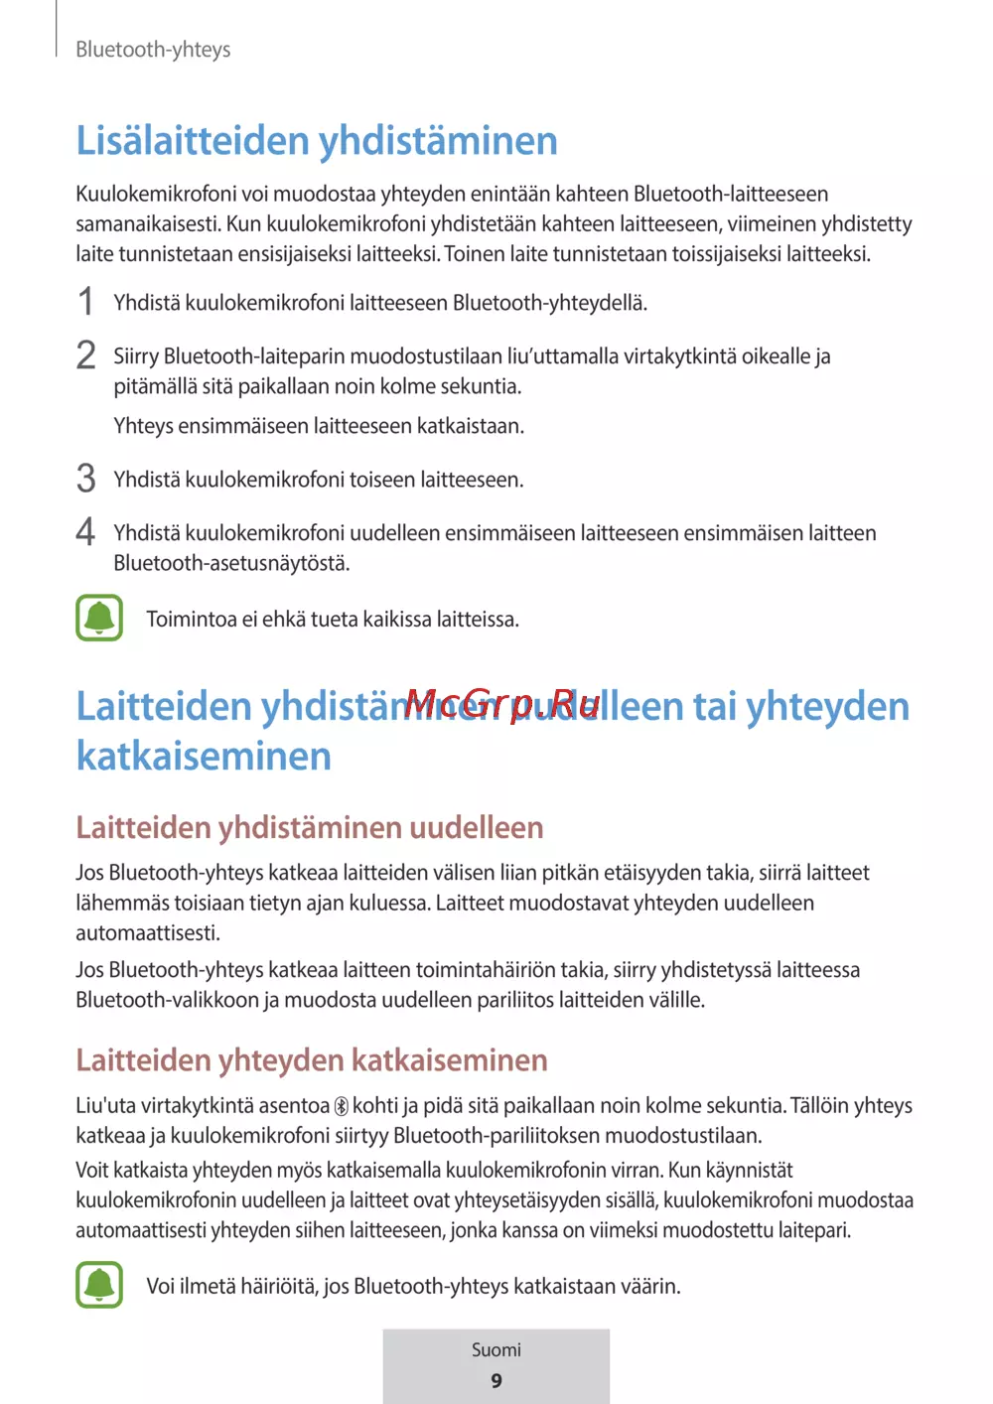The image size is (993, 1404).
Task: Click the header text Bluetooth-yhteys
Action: tap(153, 50)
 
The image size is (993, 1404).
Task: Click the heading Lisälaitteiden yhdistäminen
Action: tap(317, 141)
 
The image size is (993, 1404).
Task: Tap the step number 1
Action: tap(86, 302)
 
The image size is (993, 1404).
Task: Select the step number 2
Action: tap(86, 355)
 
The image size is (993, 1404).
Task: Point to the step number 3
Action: tap(86, 479)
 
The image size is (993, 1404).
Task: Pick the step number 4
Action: tap(86, 532)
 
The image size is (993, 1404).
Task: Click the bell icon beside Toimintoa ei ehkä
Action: tap(99, 618)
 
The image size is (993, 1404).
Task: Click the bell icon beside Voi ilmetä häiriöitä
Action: tap(99, 1285)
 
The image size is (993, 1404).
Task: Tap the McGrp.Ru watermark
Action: tap(501, 704)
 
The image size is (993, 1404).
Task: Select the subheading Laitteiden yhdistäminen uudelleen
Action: tap(310, 827)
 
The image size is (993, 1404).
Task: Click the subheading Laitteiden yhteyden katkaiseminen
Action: tap(312, 1059)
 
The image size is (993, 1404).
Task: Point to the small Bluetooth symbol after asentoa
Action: tap(341, 1106)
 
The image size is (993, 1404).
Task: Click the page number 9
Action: tap(496, 1381)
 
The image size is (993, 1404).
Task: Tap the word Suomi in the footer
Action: tap(496, 1350)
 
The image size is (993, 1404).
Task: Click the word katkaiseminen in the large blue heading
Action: tap(204, 757)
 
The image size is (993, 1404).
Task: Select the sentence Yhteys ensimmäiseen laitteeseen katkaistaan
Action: tap(319, 426)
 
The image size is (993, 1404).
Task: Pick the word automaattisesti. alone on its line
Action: tap(148, 932)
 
